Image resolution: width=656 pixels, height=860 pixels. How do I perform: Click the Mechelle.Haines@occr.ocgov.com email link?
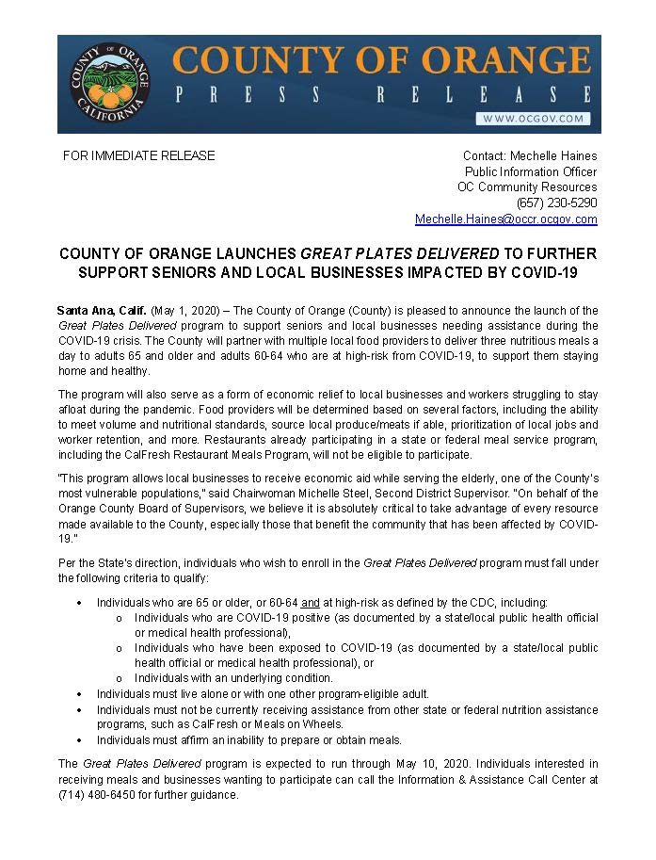505,219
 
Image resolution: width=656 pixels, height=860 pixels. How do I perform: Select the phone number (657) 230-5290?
556,203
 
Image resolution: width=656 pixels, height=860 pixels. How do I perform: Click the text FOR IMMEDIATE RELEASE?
138,155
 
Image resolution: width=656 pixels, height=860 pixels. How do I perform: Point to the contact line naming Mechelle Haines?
529,155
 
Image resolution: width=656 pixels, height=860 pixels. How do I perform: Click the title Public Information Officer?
531,171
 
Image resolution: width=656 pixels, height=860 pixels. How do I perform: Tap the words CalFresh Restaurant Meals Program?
201,454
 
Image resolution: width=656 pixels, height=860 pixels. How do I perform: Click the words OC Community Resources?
527,187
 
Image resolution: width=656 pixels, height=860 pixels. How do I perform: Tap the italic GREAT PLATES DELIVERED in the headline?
399,254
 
